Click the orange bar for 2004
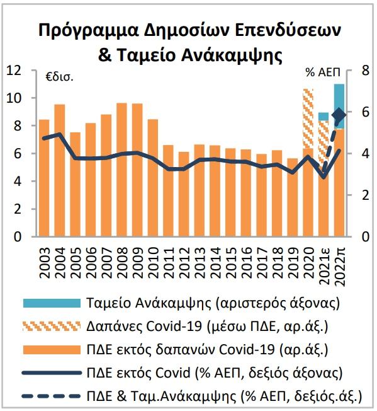pyautogui.click(x=60, y=170)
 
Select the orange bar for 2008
pyautogui.click(x=121, y=170)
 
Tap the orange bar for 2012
pyautogui.click(x=184, y=194)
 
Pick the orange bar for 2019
pyautogui.click(x=292, y=197)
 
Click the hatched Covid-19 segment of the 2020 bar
pyautogui.click(x=308, y=119)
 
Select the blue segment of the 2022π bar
pyautogui.click(x=339, y=107)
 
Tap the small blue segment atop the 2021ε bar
pyautogui.click(x=324, y=117)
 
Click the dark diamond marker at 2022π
pyautogui.click(x=339, y=115)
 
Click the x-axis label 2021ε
pyautogui.click(x=323, y=265)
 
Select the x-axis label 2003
pyautogui.click(x=44, y=263)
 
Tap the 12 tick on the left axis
pyautogui.click(x=14, y=71)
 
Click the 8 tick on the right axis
pyautogui.click(x=365, y=71)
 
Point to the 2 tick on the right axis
pyautogui.click(x=365, y=195)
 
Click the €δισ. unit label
pyautogui.click(x=59, y=78)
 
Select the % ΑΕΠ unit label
pyautogui.click(x=323, y=72)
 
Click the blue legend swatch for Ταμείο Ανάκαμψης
pyautogui.click(x=52, y=303)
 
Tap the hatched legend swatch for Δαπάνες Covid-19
pyautogui.click(x=52, y=327)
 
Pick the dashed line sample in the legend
pyautogui.click(x=52, y=396)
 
